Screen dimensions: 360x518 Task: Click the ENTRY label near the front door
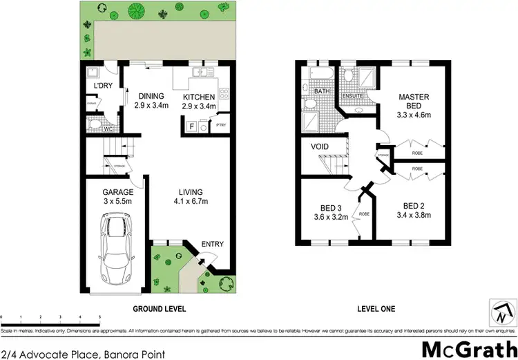click(x=212, y=244)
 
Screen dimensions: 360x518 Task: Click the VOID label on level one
click(x=320, y=147)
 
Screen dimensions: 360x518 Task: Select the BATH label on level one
click(x=322, y=91)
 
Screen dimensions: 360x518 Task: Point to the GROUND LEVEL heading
click(x=160, y=308)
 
